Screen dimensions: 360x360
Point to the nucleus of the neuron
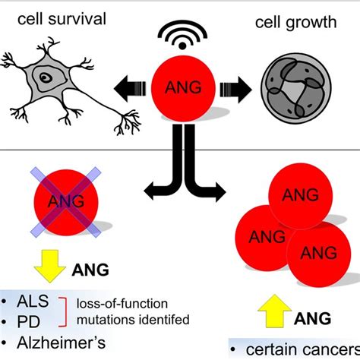pyautogui.click(x=49, y=77)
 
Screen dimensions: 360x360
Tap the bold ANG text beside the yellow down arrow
pyautogui.click(x=90, y=268)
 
